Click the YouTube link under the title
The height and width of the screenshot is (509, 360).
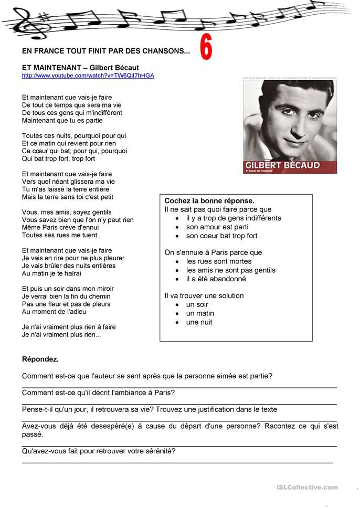click(x=88, y=76)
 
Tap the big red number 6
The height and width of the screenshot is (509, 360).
click(x=206, y=48)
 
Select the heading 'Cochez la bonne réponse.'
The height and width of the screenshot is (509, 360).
click(x=209, y=201)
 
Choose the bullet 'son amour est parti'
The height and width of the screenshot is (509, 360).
click(x=217, y=227)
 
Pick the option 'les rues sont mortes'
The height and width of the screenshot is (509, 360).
click(x=219, y=261)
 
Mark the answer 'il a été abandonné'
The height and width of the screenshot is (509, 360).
click(x=216, y=279)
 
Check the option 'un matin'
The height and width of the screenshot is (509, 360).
click(x=200, y=313)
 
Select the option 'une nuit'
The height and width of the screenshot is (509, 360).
click(x=199, y=322)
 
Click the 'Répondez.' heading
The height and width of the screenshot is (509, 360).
click(x=40, y=359)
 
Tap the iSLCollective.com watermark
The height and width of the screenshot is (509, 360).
click(x=308, y=487)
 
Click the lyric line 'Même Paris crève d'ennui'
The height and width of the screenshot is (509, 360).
click(x=60, y=228)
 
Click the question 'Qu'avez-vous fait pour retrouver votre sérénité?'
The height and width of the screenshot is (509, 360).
click(x=99, y=451)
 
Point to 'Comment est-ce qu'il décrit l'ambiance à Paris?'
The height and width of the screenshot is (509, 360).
click(x=99, y=393)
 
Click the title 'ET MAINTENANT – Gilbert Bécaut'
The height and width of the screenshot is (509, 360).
click(x=80, y=68)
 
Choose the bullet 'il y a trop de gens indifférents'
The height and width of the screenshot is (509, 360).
click(x=234, y=218)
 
